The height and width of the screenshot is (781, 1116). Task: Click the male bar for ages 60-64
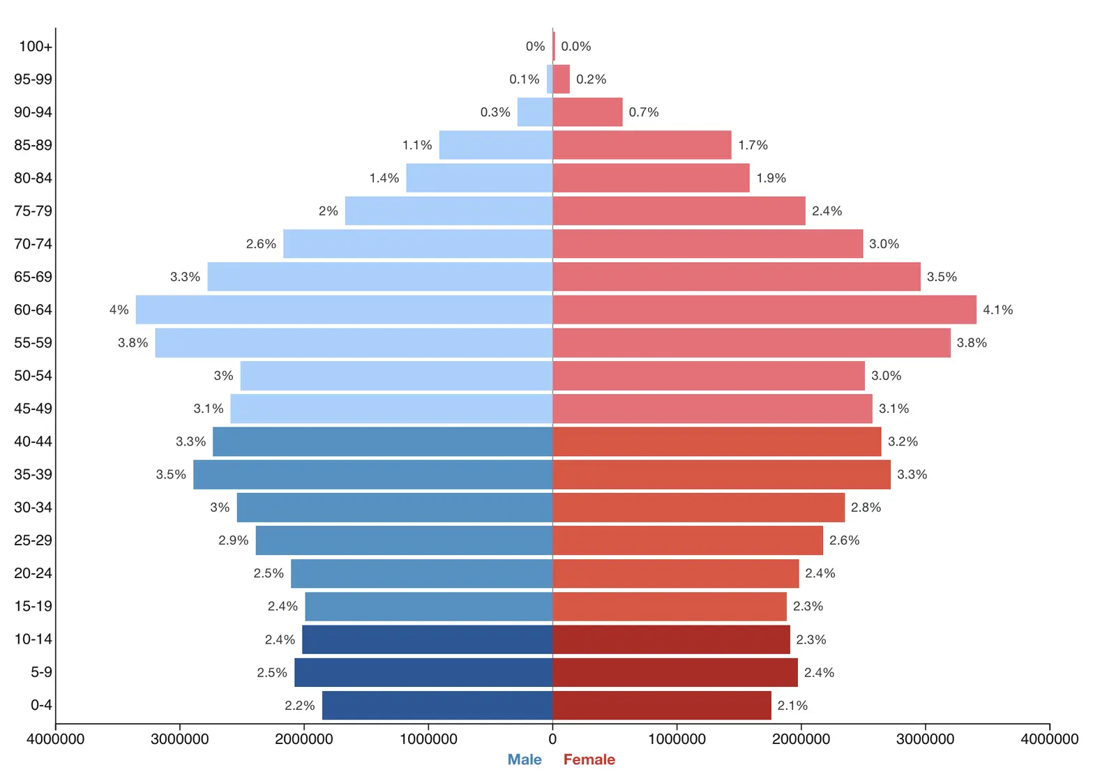344,310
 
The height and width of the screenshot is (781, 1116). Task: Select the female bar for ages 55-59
751,342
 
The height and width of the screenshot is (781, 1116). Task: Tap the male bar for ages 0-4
437,705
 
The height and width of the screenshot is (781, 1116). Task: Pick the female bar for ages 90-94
587,112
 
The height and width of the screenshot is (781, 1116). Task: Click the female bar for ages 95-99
561,79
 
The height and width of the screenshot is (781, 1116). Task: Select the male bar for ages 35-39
372,474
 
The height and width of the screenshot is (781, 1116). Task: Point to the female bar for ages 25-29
688,540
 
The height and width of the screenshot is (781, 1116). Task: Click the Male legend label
525,759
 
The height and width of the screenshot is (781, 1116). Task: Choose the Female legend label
589,759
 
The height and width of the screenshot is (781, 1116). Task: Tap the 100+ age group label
35,46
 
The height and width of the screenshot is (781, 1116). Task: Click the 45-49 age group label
33,409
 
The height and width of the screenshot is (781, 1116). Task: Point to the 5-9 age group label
41,672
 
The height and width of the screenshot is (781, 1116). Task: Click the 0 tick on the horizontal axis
552,738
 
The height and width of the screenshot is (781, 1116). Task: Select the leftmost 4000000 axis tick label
55,738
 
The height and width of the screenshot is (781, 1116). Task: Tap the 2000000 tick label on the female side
801,738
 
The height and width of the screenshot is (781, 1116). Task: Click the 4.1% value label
997,310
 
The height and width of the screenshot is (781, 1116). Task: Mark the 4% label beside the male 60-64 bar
119,310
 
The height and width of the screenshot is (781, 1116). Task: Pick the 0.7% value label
644,112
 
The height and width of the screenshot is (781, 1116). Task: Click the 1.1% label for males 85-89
417,145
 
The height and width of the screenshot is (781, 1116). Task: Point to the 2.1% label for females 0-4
792,706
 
